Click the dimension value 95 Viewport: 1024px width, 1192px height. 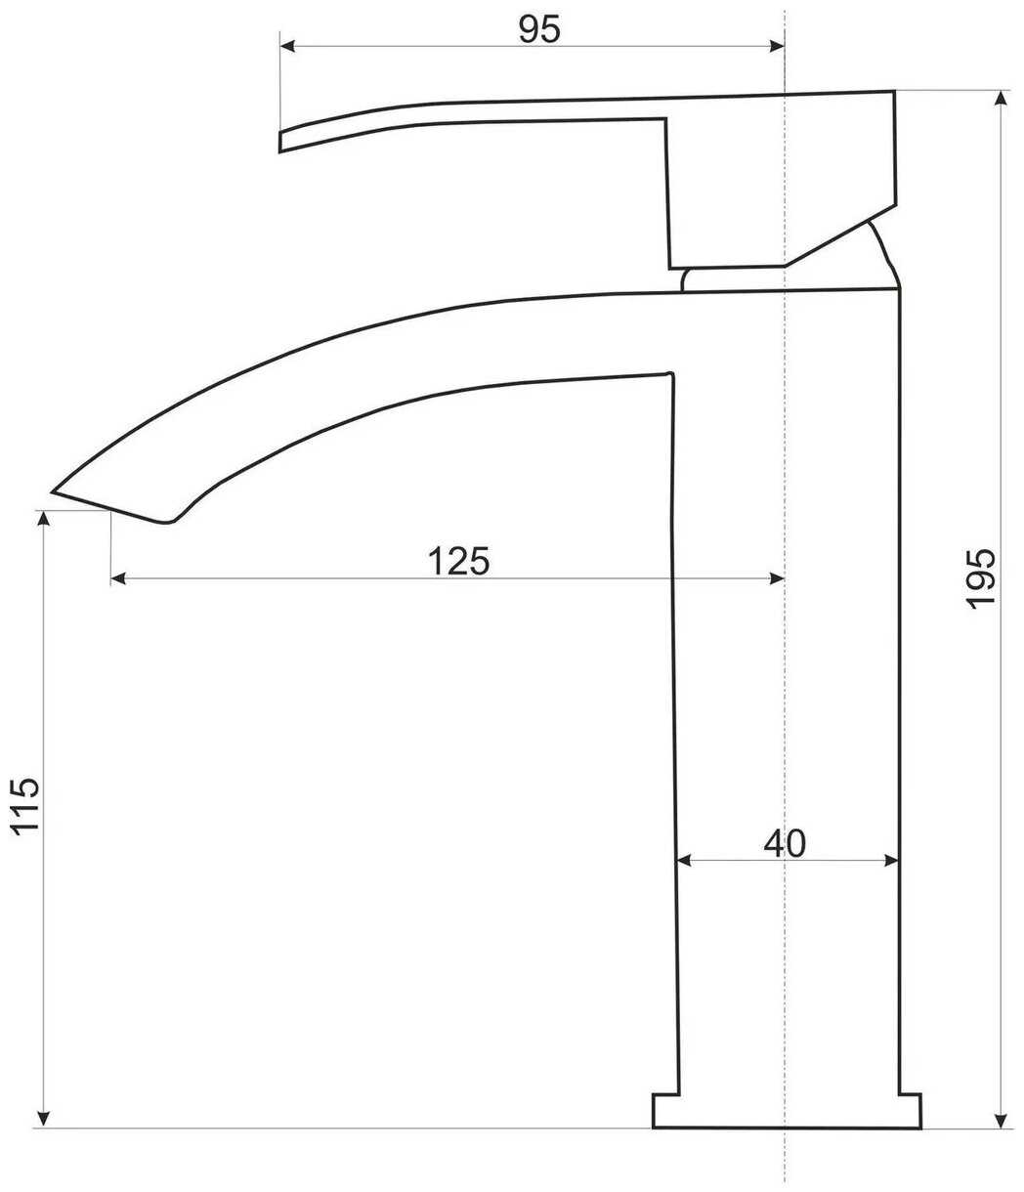(538, 29)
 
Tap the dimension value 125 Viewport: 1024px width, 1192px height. (458, 561)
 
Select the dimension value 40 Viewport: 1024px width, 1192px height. (785, 844)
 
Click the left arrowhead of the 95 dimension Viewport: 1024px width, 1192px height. (287, 46)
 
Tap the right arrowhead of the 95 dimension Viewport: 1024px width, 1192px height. (777, 46)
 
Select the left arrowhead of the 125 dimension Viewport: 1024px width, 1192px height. (118, 578)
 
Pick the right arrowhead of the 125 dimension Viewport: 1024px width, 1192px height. (777, 578)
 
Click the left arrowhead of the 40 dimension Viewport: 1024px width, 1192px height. (683, 861)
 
